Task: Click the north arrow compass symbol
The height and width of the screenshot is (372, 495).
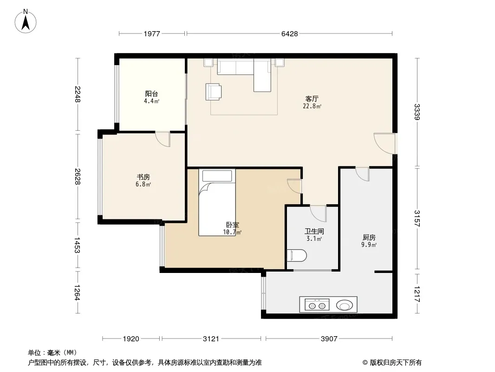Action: pyautogui.click(x=26, y=21)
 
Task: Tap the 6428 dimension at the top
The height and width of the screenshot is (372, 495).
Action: pyautogui.click(x=289, y=33)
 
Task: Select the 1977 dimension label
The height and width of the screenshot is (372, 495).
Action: pyautogui.click(x=152, y=33)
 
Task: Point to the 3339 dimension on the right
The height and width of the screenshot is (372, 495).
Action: pyautogui.click(x=417, y=112)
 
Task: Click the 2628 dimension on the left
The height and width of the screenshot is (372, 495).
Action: pyautogui.click(x=78, y=176)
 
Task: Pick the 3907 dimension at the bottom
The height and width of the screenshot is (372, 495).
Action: pyautogui.click(x=329, y=339)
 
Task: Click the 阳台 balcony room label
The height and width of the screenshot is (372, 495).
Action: pyautogui.click(x=151, y=94)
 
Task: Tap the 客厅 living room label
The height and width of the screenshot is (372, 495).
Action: pyautogui.click(x=312, y=99)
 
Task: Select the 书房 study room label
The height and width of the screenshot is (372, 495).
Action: pyautogui.click(x=143, y=177)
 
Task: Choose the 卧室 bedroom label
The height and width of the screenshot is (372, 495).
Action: pyautogui.click(x=233, y=225)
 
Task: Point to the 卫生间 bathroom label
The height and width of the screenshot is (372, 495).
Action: pyautogui.click(x=314, y=232)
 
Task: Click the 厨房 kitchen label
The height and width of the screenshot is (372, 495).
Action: pyautogui.click(x=369, y=237)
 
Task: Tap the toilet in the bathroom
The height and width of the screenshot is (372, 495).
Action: pyautogui.click(x=297, y=256)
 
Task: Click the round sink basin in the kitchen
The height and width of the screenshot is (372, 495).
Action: pyautogui.click(x=344, y=306)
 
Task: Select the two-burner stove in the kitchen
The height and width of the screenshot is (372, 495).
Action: pyautogui.click(x=317, y=305)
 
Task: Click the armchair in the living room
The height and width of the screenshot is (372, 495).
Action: pyautogui.click(x=214, y=92)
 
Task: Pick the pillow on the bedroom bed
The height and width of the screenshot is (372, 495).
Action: pyautogui.click(x=217, y=176)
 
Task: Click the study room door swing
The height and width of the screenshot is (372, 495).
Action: pyautogui.click(x=163, y=139)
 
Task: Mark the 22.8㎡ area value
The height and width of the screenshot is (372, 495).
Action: pyautogui.click(x=312, y=106)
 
